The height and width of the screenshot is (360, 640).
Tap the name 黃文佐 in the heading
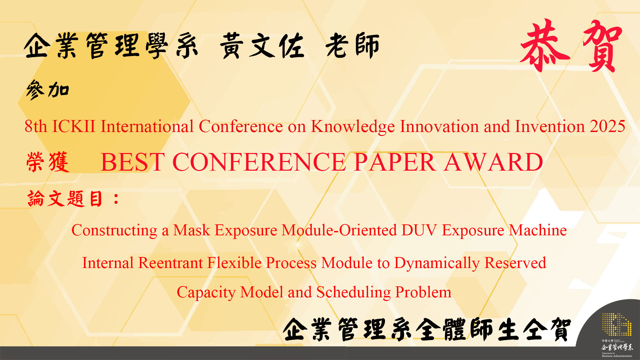tap(262, 46)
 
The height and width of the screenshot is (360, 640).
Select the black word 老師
tap(353, 46)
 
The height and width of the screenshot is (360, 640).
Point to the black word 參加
tap(48, 90)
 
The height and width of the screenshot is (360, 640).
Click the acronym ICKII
tap(74, 126)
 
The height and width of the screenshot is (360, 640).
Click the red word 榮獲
tap(48, 162)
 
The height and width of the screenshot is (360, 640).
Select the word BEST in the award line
tap(133, 162)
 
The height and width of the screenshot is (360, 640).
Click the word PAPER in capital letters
tap(395, 162)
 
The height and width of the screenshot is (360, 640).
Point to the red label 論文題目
tap(65, 199)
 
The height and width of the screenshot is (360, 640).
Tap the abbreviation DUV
tap(419, 230)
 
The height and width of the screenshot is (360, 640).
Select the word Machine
tap(538, 230)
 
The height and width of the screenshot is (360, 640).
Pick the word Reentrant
tap(170, 263)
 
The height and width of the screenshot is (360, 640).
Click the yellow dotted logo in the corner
tap(617, 324)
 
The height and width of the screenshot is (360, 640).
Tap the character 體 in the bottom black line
tap(455, 329)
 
